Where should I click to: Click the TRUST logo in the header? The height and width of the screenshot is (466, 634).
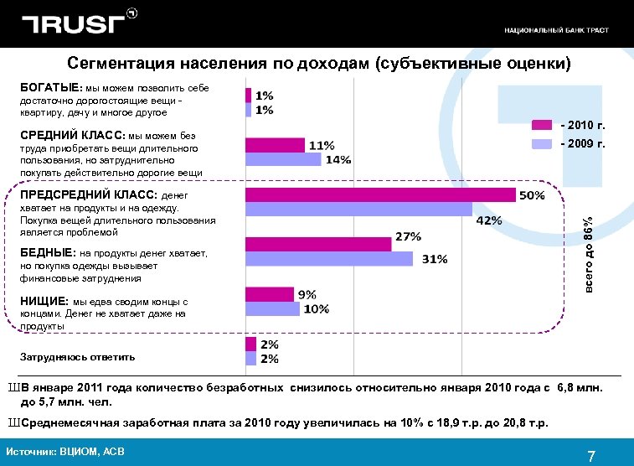click(x=77, y=23)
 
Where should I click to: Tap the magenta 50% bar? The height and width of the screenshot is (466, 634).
click(x=380, y=194)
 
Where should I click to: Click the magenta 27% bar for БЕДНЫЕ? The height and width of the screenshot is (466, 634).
click(x=318, y=244)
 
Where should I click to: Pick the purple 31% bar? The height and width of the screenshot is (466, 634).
click(x=329, y=259)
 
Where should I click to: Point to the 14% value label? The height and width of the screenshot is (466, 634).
click(x=338, y=159)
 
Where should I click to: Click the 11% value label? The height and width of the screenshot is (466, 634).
click(x=322, y=145)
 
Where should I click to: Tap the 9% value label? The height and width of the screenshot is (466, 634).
click(x=307, y=294)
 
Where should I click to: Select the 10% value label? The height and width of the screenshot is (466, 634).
click(x=316, y=308)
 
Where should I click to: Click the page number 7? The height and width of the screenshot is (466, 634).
click(x=591, y=457)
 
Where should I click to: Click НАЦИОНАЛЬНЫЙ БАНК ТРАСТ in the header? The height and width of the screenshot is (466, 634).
click(x=556, y=30)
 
